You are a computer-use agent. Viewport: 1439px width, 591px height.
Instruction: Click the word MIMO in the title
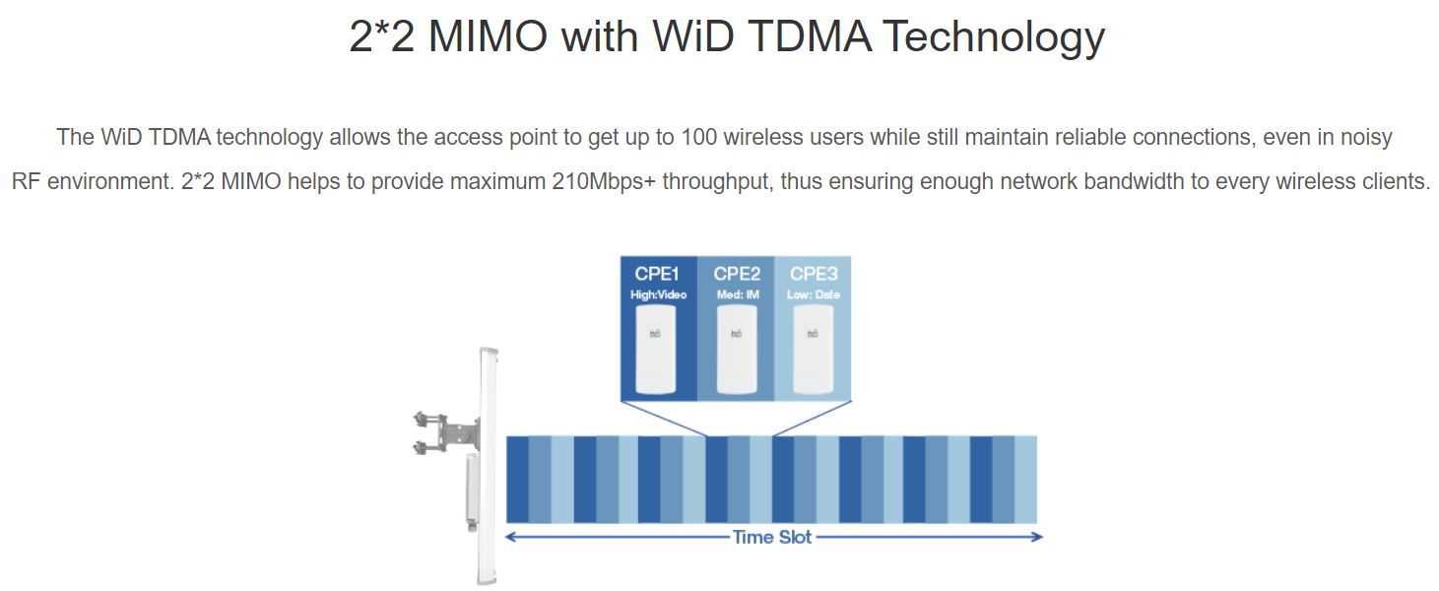coord(488,36)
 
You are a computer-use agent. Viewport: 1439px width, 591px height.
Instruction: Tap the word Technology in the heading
coord(993,37)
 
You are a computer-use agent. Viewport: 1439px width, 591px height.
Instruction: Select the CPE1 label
coord(657,274)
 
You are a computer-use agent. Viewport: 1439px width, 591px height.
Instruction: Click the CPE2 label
coord(737,274)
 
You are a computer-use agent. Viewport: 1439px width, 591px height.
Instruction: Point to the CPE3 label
coord(814,274)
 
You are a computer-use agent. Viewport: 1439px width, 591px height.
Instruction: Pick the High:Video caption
coord(659,295)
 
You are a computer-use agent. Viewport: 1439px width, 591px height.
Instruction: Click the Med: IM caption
coord(738,295)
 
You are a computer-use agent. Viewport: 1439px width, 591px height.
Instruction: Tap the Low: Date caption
coord(814,295)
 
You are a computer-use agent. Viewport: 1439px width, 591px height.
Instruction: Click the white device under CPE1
coord(655,349)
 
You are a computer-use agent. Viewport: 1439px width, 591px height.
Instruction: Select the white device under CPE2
coord(737,349)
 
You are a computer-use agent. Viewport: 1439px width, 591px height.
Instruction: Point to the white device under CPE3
coord(814,349)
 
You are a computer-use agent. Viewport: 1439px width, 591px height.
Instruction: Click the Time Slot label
coord(772,537)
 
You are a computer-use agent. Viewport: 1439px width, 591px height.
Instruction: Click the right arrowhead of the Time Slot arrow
coord(1038,537)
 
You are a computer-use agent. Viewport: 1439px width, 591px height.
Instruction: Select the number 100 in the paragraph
coord(699,137)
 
